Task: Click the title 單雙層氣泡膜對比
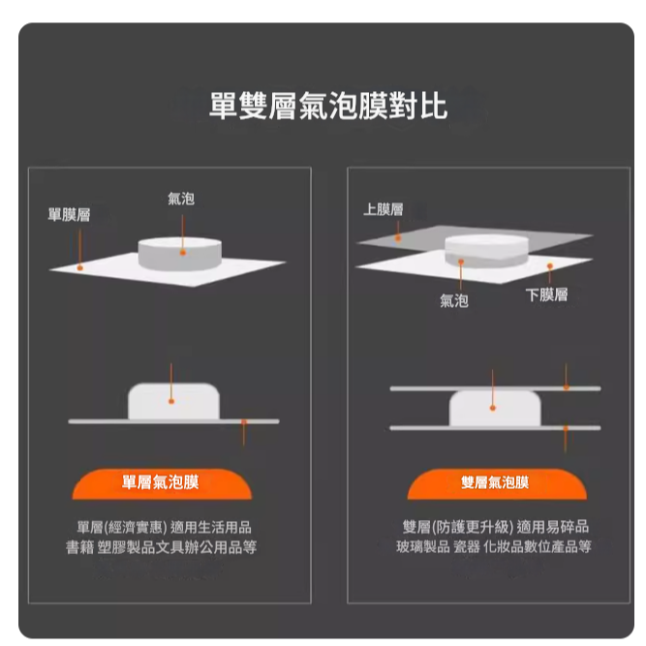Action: tap(328, 106)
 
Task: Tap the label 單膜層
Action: tap(69, 215)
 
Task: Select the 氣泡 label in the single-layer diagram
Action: tap(181, 199)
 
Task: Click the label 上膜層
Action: tap(384, 209)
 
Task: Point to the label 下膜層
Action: tap(546, 295)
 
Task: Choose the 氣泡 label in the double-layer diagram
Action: tap(454, 301)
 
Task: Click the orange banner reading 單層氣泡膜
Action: tap(162, 483)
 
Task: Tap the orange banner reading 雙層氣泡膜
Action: tap(497, 483)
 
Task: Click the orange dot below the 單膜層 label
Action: tap(80, 267)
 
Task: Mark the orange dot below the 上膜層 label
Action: tap(397, 238)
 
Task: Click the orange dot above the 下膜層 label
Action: tap(549, 265)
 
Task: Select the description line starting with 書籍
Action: tap(161, 547)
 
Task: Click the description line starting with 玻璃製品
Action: tap(494, 546)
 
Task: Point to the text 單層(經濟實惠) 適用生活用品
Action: tap(164, 527)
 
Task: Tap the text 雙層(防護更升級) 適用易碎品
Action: tap(496, 527)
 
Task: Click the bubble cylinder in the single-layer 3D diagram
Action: tap(179, 254)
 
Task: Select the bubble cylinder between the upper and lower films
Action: tap(486, 251)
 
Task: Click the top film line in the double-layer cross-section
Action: tap(495, 388)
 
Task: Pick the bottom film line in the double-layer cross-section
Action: tap(495, 428)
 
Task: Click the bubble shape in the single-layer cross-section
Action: tap(174, 401)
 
